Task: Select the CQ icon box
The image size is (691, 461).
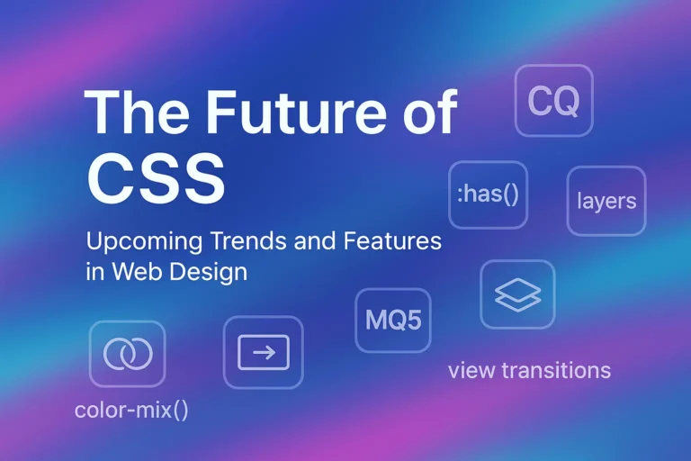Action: point(553,101)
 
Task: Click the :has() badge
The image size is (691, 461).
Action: point(488,194)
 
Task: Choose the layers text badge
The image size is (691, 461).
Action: point(606,201)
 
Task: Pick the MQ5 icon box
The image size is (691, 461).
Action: point(394,321)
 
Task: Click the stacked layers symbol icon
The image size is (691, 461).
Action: point(517,294)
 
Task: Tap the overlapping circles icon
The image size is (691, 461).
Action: point(127,354)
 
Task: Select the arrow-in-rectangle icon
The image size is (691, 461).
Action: point(263,352)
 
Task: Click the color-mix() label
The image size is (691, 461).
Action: point(131,411)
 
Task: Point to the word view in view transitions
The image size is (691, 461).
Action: point(471,370)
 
